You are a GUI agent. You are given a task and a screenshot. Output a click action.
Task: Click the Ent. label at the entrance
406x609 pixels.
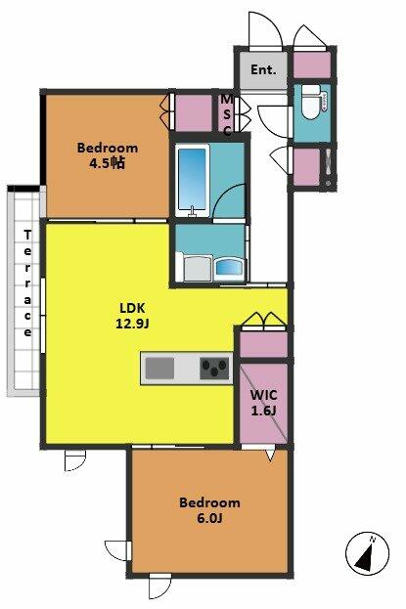263,70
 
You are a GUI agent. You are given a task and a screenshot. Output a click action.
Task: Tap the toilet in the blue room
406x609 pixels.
311,102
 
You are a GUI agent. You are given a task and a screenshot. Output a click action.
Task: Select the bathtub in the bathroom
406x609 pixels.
193,180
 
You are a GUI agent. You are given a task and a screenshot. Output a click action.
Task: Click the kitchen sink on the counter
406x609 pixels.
159,369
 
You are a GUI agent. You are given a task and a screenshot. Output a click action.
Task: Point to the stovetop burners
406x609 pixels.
214,369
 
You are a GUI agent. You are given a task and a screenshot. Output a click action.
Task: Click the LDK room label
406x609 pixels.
132,308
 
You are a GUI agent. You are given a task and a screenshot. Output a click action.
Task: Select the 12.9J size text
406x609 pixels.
132,324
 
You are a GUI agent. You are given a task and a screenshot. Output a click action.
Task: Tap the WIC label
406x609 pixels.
264,395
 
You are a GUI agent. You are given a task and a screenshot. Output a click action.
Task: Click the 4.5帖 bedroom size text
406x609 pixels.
108,163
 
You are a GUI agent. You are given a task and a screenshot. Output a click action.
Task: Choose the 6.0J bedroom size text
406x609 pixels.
209,518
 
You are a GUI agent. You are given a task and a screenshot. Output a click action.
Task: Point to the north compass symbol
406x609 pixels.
367,553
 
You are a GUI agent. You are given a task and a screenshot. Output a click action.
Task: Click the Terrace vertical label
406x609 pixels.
27,283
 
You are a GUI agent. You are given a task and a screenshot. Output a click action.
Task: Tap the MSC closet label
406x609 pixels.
226,115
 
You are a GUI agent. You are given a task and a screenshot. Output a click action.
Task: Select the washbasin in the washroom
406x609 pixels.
230,269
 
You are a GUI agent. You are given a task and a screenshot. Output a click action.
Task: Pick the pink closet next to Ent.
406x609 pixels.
311,65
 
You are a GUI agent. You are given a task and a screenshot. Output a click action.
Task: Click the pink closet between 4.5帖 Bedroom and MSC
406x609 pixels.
194,113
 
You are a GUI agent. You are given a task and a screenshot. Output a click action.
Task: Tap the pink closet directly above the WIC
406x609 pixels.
263,344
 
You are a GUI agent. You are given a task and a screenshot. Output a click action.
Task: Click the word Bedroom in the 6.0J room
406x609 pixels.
209,502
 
